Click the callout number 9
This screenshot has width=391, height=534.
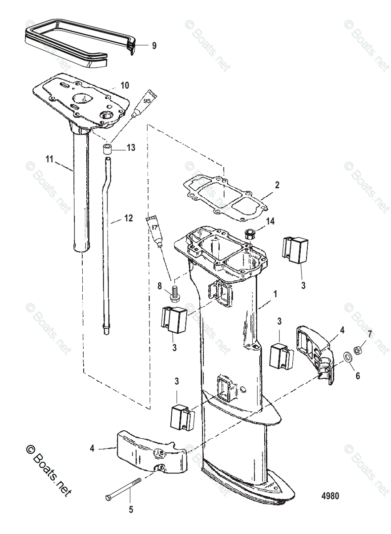click(154, 45)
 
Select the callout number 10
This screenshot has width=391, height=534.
click(125, 85)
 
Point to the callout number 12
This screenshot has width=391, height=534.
click(129, 218)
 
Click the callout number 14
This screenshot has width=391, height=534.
click(270, 222)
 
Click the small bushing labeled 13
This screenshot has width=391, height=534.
click(107, 148)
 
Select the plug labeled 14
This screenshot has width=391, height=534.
click(250, 234)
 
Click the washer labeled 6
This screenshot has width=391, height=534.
click(347, 357)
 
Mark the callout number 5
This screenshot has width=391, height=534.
click(131, 510)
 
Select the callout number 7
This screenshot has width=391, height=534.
click(369, 333)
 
